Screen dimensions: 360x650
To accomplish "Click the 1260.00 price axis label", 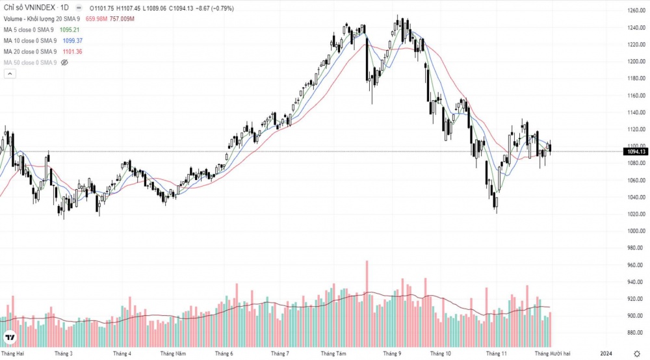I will (x=636, y=11).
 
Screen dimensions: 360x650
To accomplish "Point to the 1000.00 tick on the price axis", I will (x=636, y=231).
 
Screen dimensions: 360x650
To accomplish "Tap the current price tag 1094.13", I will (x=636, y=151).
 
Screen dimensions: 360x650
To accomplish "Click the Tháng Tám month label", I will (x=333, y=354).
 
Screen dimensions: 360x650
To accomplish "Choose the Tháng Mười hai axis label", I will (x=552, y=354).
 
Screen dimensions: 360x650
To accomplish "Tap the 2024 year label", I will (x=606, y=354).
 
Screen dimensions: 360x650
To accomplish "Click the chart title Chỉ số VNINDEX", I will (x=28, y=8).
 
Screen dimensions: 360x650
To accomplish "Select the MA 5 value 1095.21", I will (x=69, y=30).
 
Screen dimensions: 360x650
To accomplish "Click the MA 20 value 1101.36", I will (x=73, y=51).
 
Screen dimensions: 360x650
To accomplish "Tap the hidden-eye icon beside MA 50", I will (x=64, y=62).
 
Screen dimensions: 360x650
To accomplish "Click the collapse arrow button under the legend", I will (x=10, y=74).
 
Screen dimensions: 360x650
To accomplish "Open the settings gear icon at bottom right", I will (x=636, y=354).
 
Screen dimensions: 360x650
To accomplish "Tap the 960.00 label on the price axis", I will (x=636, y=265).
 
